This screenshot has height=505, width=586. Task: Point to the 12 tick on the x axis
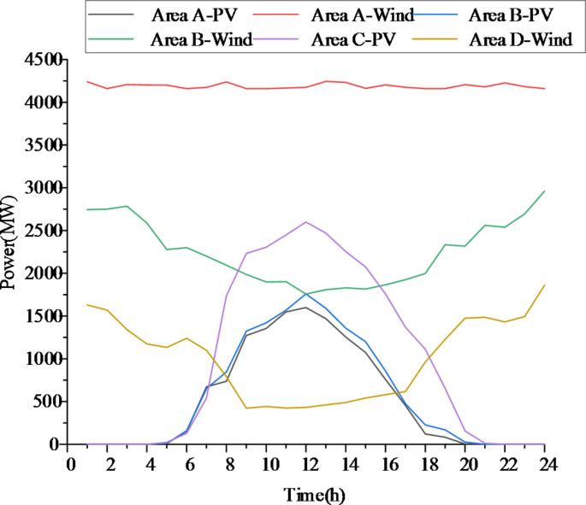(x=306, y=463)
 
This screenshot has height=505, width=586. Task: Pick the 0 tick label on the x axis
(x=69, y=463)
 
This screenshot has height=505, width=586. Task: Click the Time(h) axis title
(x=314, y=493)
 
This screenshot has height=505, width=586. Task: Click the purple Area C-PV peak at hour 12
(x=306, y=222)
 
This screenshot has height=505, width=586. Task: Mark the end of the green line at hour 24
(x=544, y=191)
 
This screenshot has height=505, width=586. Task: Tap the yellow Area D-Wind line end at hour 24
(x=544, y=285)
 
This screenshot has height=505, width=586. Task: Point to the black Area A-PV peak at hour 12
(x=306, y=307)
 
